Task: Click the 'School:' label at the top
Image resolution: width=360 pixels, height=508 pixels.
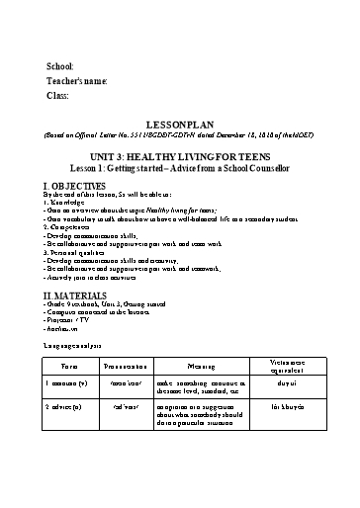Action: [x=60, y=65]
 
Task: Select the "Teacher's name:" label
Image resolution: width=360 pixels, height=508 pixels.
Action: [x=76, y=80]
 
